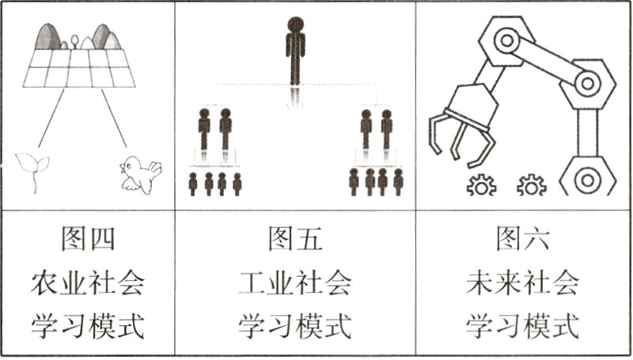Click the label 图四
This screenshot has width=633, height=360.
tap(88, 237)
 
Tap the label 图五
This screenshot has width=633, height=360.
tap(295, 237)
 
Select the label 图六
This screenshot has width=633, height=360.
tap(522, 237)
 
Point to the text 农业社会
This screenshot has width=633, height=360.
tap(88, 281)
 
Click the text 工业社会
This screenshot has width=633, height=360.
tap(295, 281)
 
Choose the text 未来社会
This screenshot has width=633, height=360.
tap(522, 281)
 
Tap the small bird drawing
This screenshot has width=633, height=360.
tap(140, 173)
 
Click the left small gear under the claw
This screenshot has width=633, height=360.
tap(480, 186)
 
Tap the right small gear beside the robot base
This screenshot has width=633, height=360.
tap(532, 186)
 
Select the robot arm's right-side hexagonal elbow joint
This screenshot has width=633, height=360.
tap(586, 81)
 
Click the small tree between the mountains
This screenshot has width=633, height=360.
tap(74, 40)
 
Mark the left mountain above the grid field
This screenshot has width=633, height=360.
tap(49, 36)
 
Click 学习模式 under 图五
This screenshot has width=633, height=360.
tap(295, 324)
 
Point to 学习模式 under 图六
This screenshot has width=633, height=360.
tap(522, 324)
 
